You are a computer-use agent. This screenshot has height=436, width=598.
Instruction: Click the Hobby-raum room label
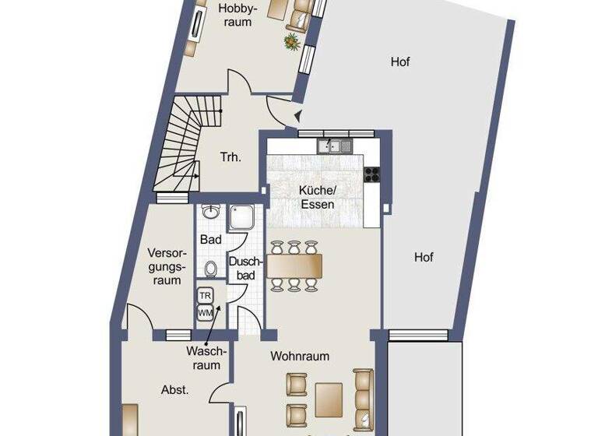tap(234, 15)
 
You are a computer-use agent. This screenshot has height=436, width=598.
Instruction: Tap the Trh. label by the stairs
tap(230, 156)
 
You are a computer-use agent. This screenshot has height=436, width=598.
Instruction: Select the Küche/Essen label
tap(317, 197)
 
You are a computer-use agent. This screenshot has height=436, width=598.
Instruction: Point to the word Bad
tap(210, 240)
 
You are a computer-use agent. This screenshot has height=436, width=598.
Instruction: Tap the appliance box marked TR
tap(206, 296)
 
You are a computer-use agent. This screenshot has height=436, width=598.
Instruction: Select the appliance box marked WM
tap(206, 312)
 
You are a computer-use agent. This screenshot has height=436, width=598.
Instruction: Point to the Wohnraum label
tap(300, 356)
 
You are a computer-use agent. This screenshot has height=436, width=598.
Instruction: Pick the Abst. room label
tap(174, 389)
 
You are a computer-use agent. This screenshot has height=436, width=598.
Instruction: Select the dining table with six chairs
tap(294, 265)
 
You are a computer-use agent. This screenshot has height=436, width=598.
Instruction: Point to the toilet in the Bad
tap(210, 269)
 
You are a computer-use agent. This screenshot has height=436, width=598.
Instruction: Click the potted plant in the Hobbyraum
tap(293, 41)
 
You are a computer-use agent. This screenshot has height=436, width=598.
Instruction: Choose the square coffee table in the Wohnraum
tap(329, 397)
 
